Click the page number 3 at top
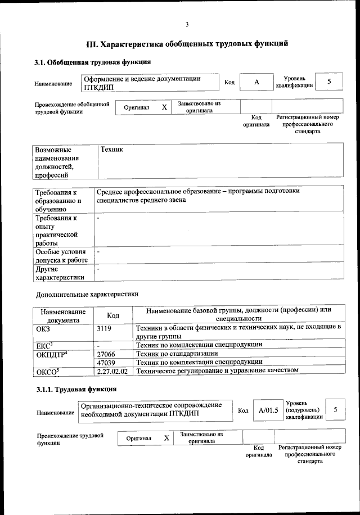(186, 24)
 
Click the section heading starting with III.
(187, 43)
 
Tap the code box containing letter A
(256, 83)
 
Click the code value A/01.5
(268, 410)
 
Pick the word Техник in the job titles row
(111, 150)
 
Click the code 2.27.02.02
(112, 371)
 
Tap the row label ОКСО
(47, 372)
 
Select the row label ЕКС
(44, 345)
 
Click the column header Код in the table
(113, 316)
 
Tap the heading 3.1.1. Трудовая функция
(76, 389)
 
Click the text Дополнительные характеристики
(87, 294)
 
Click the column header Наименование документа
(63, 315)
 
